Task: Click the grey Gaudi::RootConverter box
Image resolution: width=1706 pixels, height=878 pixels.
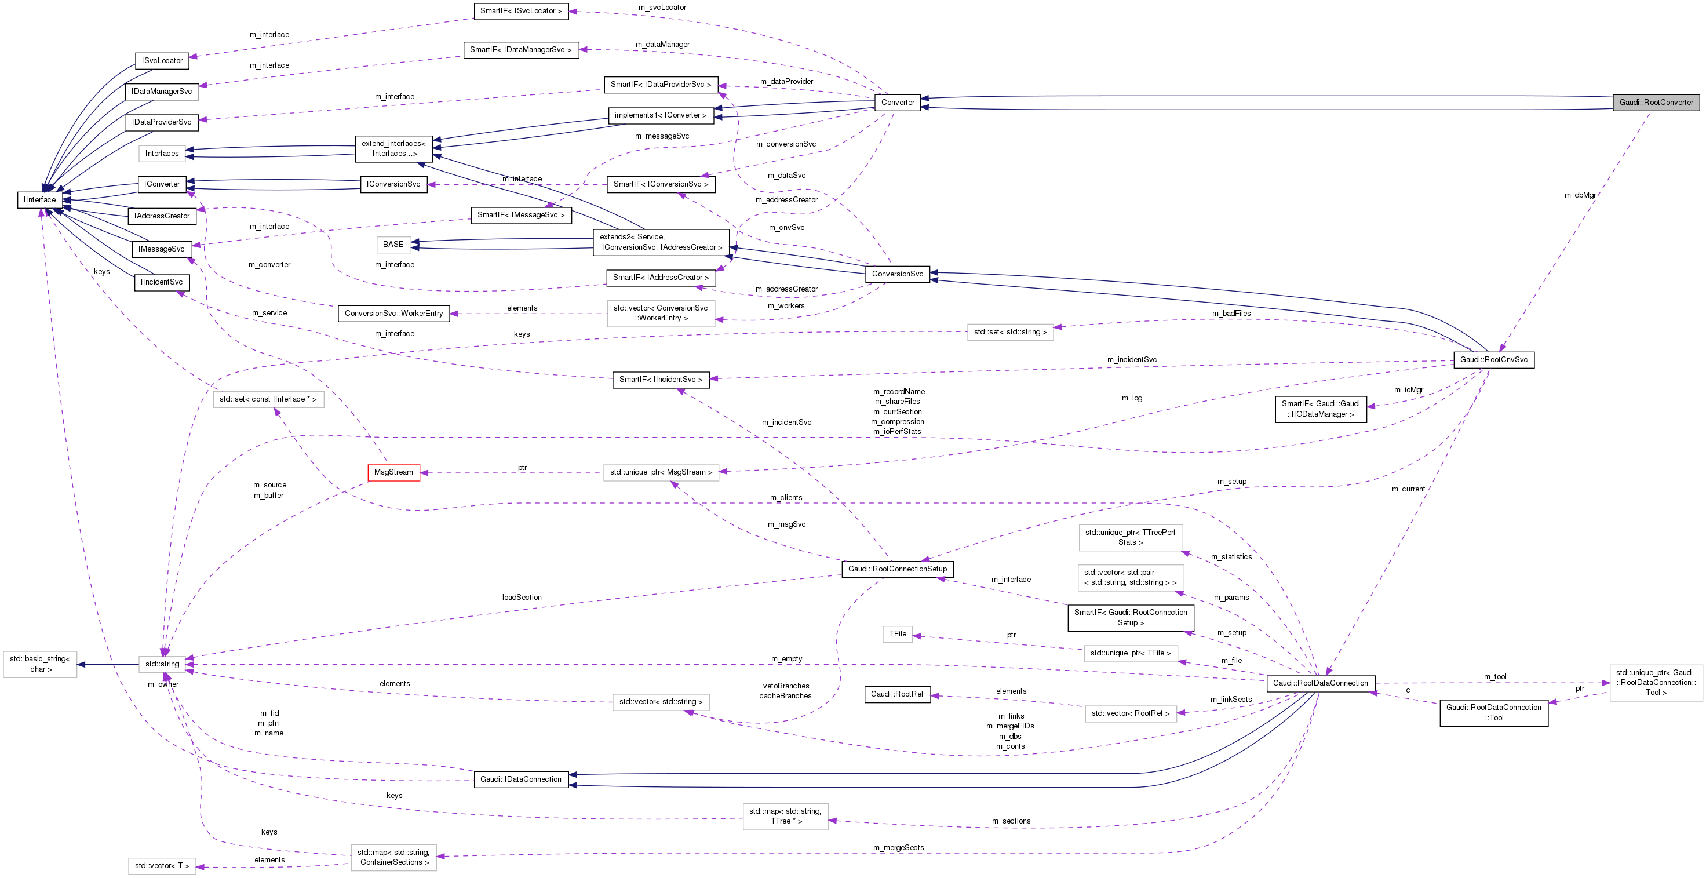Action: coord(1656,102)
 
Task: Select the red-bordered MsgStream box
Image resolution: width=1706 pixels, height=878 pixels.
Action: coord(393,472)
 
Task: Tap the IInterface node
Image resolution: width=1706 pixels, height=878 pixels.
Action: coord(40,199)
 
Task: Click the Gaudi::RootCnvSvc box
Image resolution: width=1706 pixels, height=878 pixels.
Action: coord(1493,359)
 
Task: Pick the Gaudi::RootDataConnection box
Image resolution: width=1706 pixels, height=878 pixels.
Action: coord(1320,683)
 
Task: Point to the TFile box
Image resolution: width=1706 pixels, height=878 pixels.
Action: coord(898,633)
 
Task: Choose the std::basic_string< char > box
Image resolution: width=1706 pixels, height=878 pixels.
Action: coord(40,664)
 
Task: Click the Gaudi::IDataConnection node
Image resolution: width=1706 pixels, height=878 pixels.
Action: coord(520,779)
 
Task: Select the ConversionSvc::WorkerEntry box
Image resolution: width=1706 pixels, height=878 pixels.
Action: coord(393,313)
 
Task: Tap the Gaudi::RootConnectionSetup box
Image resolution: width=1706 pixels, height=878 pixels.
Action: coord(898,569)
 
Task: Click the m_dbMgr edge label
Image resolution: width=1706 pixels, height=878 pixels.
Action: coord(1580,195)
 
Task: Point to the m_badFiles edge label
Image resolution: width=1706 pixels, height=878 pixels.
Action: coord(1231,313)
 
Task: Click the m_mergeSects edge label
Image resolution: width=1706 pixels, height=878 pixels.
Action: coord(898,847)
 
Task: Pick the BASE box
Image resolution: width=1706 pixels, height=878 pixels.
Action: coord(393,245)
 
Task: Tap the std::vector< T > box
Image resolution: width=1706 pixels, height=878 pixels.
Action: coord(162,865)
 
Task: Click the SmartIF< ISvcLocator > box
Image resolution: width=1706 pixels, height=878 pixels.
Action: coord(520,10)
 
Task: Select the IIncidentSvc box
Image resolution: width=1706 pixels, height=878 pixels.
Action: coord(162,282)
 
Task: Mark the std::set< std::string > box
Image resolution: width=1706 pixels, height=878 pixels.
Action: coord(1010,331)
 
